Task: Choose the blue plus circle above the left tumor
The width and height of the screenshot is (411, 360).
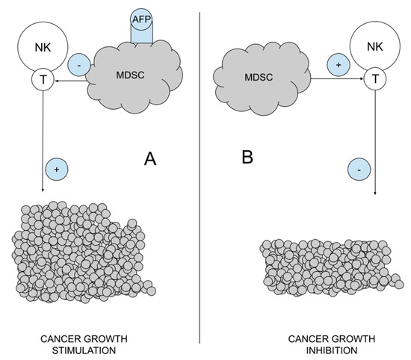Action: [58, 169]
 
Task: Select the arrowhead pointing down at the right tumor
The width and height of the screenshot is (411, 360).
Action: [374, 195]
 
